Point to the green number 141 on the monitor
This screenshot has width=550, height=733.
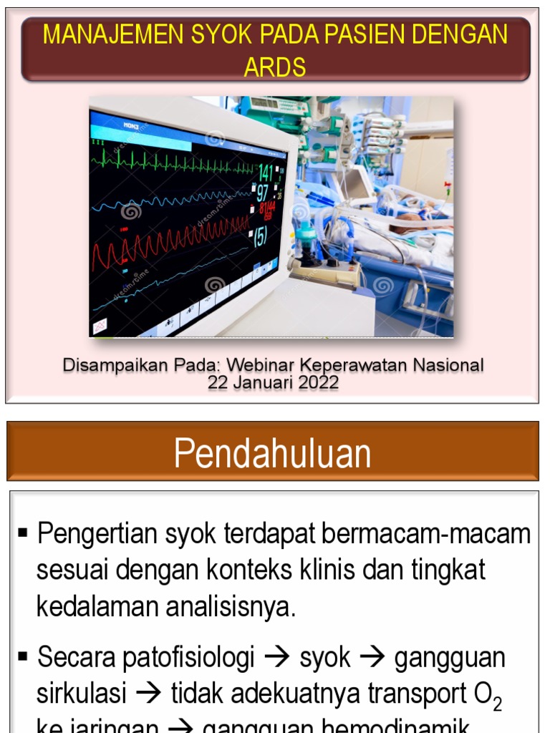(265, 173)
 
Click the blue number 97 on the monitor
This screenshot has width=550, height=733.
(263, 193)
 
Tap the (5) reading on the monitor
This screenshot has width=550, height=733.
(260, 236)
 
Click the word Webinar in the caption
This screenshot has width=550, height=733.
(259, 365)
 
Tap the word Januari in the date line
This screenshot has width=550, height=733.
(262, 383)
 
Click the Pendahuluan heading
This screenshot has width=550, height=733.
(273, 453)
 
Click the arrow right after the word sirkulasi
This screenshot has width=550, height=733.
(149, 693)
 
